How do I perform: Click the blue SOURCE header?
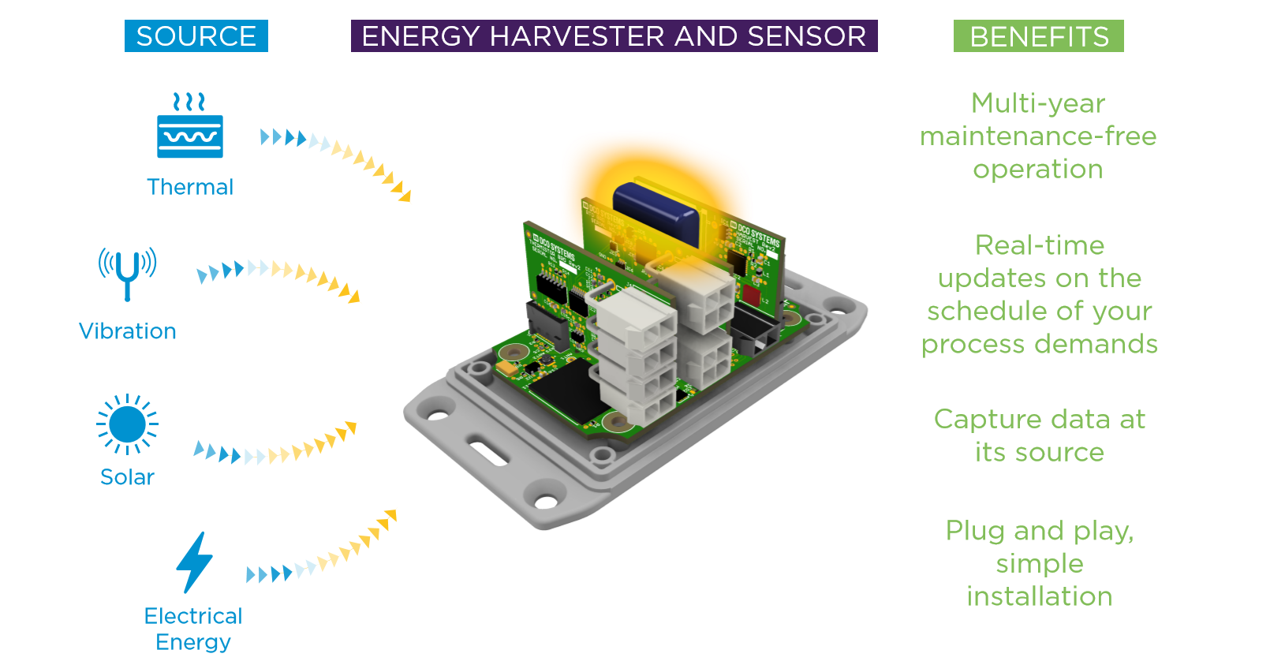[x=196, y=36]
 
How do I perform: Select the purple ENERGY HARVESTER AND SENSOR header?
[x=614, y=36]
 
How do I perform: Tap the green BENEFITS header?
[x=1038, y=36]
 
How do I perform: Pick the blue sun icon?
[x=127, y=424]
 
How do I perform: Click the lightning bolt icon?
[x=194, y=562]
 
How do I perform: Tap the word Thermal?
[x=190, y=187]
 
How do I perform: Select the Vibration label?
[x=127, y=331]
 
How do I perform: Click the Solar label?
[x=127, y=477]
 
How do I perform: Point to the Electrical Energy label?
[x=193, y=629]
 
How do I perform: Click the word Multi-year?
[x=1037, y=103]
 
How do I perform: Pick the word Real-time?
[x=1039, y=245]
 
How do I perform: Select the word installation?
[x=1039, y=596]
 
